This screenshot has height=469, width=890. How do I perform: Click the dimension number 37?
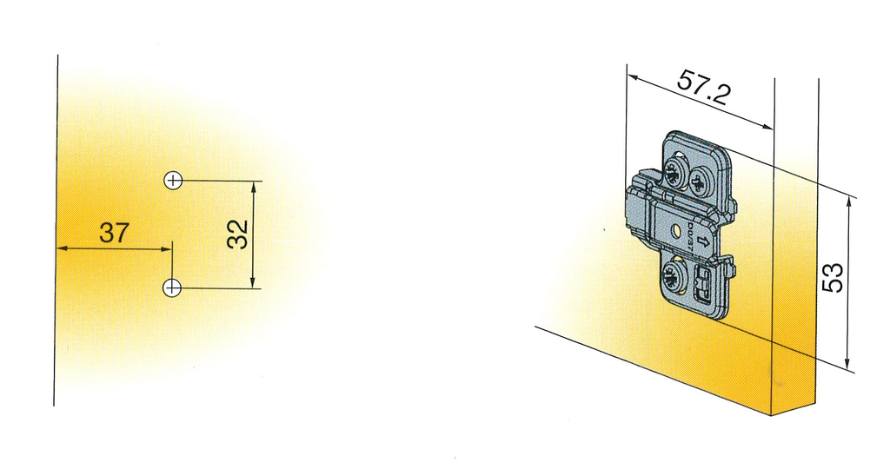click(114, 233)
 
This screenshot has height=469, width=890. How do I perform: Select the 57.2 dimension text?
click(703, 88)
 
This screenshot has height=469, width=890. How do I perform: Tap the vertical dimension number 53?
click(833, 277)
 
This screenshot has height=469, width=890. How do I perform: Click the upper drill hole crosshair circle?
click(173, 181)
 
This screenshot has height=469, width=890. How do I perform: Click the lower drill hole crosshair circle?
click(173, 287)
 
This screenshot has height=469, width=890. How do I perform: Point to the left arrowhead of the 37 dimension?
click(62, 249)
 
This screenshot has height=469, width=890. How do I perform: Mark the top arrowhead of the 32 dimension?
click(254, 185)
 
